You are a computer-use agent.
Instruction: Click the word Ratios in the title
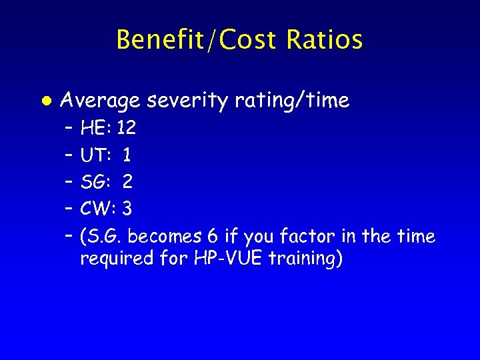[325, 40]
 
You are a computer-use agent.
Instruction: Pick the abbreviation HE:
[96, 128]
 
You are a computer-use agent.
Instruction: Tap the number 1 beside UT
[127, 155]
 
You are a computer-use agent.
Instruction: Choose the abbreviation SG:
[96, 182]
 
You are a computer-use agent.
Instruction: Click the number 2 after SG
[127, 182]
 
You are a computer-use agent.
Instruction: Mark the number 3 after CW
[127, 209]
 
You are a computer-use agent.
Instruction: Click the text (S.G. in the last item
[101, 237]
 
